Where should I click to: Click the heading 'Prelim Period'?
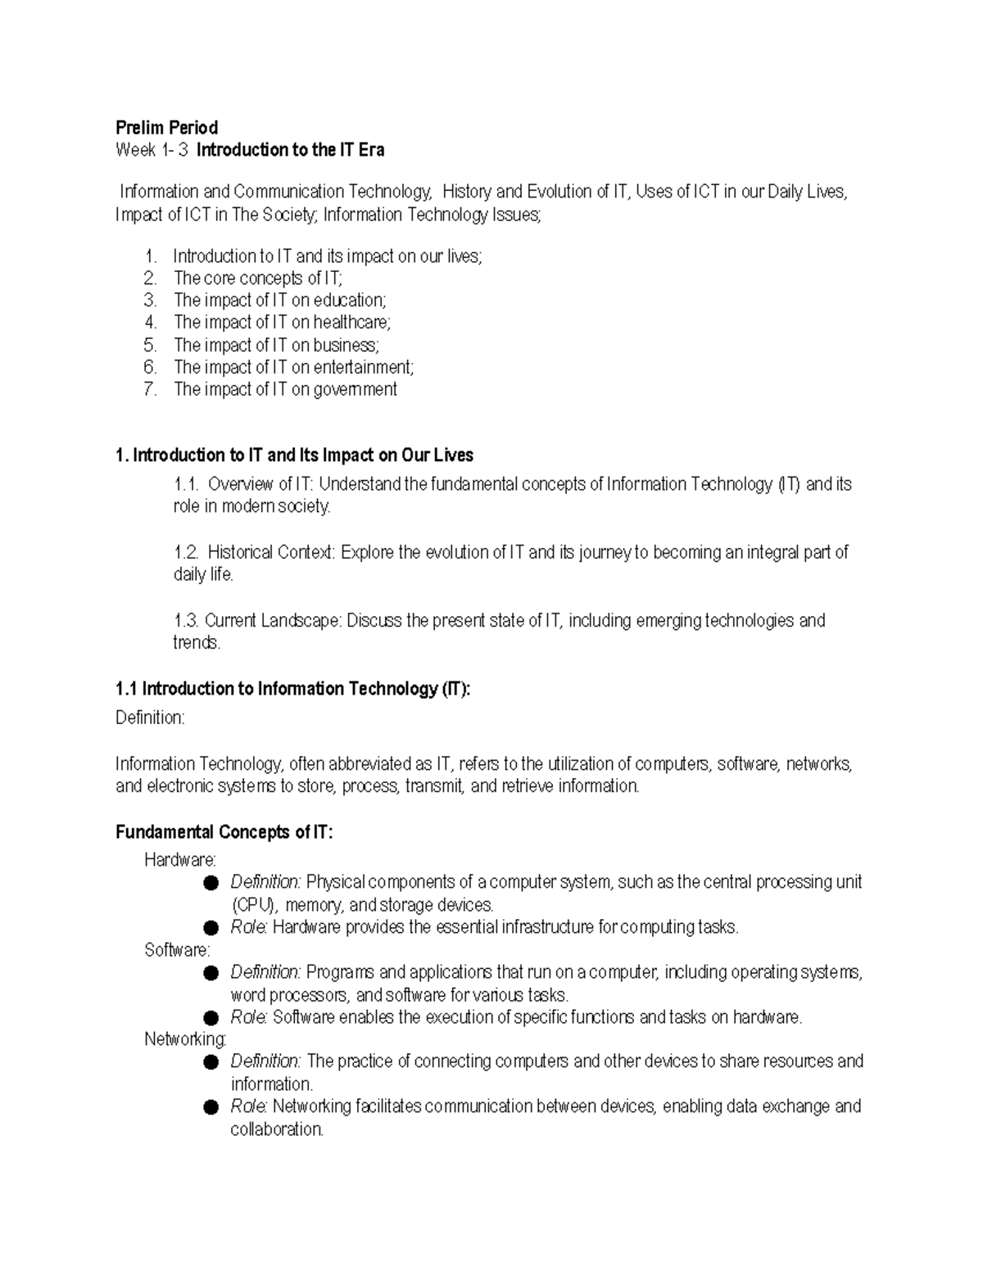tap(166, 128)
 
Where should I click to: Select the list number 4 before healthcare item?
tap(149, 323)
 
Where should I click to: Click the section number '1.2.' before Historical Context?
tap(187, 553)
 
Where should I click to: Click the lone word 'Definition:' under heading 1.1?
tap(150, 718)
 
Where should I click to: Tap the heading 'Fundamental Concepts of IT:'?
tap(224, 833)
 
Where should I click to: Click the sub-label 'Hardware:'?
tap(180, 860)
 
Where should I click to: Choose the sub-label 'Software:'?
tap(177, 950)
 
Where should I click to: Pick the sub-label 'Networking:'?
tap(185, 1039)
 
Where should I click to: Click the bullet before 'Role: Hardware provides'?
tap(212, 928)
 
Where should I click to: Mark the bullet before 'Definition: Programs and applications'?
tap(212, 973)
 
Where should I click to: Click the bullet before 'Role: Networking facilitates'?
tap(212, 1107)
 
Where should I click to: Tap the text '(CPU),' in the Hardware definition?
tap(255, 906)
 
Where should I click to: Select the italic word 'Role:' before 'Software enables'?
tap(249, 1018)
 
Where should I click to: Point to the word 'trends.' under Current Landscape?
tap(197, 643)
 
